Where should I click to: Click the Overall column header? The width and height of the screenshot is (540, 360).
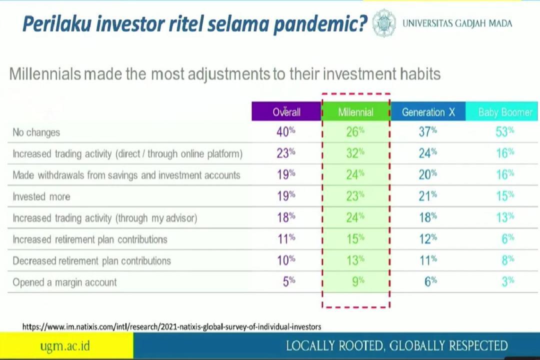click(x=286, y=111)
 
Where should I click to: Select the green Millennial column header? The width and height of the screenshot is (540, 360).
click(x=356, y=111)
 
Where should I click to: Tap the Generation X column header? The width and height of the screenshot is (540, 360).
click(x=428, y=111)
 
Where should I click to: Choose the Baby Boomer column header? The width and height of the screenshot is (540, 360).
click(x=502, y=111)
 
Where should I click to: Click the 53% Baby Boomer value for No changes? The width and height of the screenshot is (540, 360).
click(x=504, y=131)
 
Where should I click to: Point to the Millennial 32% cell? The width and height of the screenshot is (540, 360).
click(x=355, y=153)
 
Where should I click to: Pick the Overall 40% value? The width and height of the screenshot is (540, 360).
click(x=285, y=131)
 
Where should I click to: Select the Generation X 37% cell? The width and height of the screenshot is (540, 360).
click(x=427, y=131)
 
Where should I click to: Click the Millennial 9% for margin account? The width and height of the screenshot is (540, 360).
click(x=358, y=282)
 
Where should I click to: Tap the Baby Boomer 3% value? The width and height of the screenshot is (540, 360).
click(x=508, y=282)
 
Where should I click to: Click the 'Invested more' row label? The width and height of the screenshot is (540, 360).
click(x=41, y=196)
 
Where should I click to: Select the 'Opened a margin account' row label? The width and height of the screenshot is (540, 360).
click(x=64, y=282)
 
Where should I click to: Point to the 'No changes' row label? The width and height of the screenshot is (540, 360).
click(x=36, y=132)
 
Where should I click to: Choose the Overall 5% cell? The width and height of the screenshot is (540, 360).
click(x=289, y=282)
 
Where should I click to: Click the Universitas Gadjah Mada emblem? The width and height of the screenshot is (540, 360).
click(x=383, y=23)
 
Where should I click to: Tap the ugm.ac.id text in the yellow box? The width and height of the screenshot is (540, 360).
click(x=65, y=345)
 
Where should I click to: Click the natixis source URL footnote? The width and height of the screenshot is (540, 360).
click(x=171, y=326)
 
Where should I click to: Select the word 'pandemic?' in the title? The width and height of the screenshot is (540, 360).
click(x=320, y=24)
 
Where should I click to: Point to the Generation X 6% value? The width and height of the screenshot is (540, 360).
click(x=430, y=282)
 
